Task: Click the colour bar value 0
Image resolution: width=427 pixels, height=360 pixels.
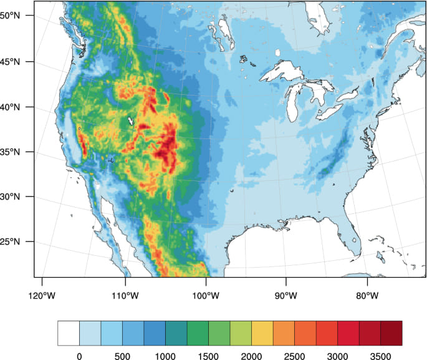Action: point(79,356)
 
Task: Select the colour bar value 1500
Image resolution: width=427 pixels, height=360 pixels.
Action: point(208,356)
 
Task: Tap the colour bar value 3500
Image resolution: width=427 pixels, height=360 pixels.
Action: point(381,356)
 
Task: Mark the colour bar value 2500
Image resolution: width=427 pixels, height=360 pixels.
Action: point(294,356)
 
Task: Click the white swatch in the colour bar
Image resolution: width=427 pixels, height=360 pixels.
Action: point(69,333)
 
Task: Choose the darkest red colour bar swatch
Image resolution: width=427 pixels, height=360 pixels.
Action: point(391,333)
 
